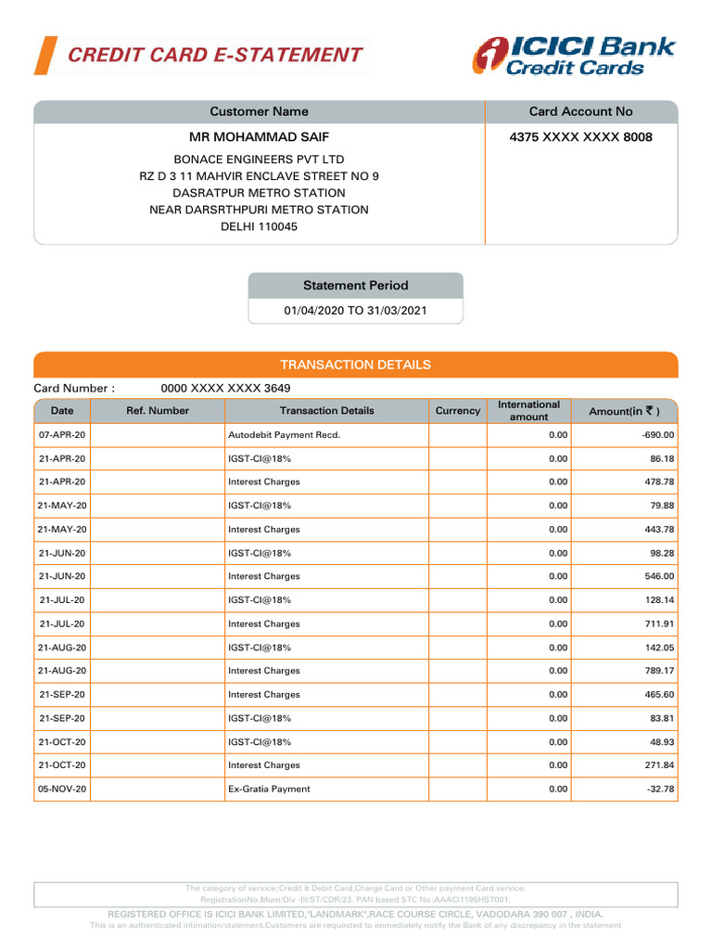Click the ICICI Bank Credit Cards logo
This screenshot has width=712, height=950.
pyautogui.click(x=573, y=56)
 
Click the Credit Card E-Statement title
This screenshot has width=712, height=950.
pyautogui.click(x=215, y=55)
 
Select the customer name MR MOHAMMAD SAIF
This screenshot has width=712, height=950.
pyautogui.click(x=259, y=137)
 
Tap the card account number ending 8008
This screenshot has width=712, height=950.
pyautogui.click(x=580, y=137)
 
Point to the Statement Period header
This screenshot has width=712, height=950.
pyautogui.click(x=355, y=286)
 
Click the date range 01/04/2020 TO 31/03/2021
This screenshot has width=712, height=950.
pyautogui.click(x=355, y=312)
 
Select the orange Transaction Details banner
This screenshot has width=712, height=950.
pyautogui.click(x=355, y=365)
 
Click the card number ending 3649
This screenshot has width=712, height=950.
pyautogui.click(x=232, y=389)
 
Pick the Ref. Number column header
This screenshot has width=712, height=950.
pyautogui.click(x=158, y=411)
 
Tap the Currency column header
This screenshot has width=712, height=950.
pyautogui.click(x=458, y=411)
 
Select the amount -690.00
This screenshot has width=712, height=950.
pyautogui.click(x=655, y=435)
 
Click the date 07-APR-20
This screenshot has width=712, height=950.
pyautogui.click(x=62, y=435)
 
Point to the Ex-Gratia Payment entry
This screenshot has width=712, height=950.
pyautogui.click(x=269, y=790)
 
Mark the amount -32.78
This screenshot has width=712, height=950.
pyautogui.click(x=657, y=790)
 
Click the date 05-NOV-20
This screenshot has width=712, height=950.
pyautogui.click(x=62, y=790)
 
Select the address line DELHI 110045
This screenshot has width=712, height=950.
pyautogui.click(x=259, y=227)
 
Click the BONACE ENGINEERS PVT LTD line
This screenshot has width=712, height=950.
pyautogui.click(x=259, y=160)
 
